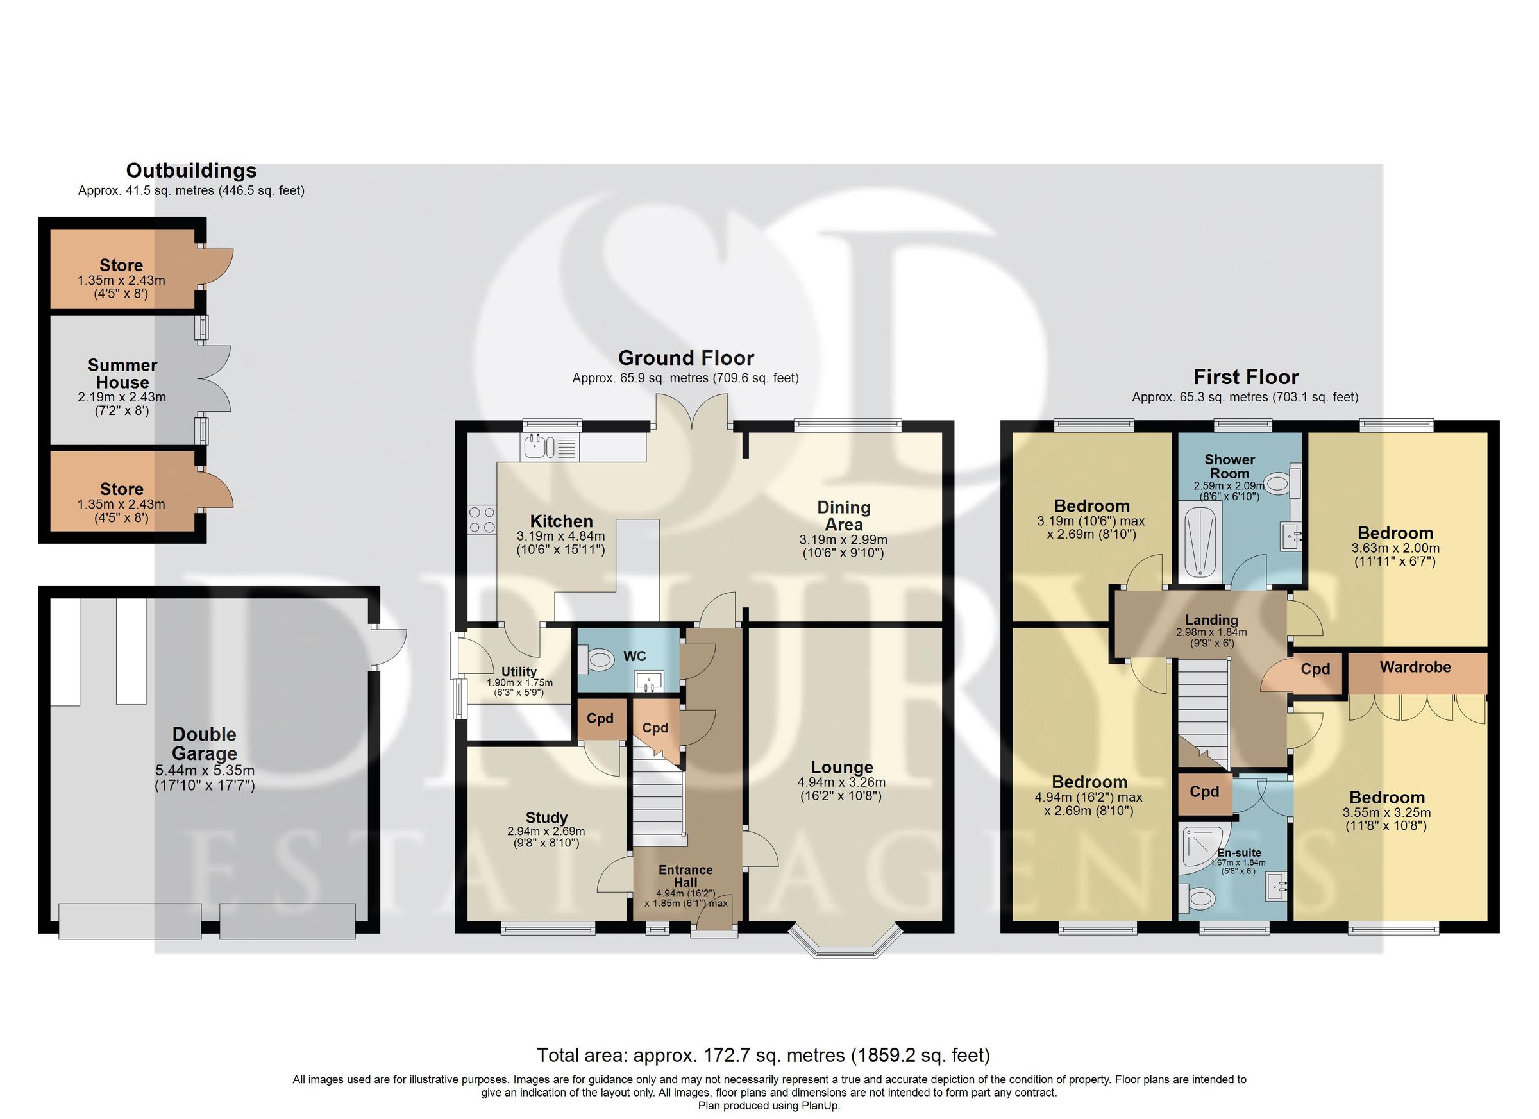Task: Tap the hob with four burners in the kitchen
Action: tap(481, 520)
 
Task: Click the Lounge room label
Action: tap(841, 767)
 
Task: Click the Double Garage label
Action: tap(205, 744)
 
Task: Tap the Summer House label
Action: tap(122, 374)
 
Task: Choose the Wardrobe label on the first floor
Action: tap(1415, 667)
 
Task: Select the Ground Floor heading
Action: tap(685, 358)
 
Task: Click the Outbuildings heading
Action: tap(191, 171)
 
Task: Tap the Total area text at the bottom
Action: tap(763, 1056)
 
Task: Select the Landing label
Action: tap(1211, 619)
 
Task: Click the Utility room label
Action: tap(519, 672)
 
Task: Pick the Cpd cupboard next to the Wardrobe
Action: tap(1315, 669)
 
